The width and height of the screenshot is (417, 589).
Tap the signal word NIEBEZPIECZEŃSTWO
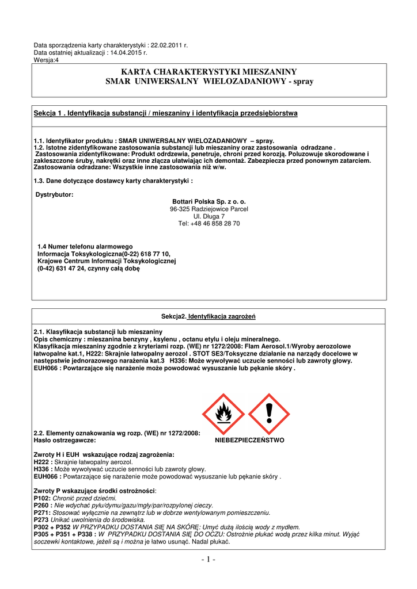click(249, 440)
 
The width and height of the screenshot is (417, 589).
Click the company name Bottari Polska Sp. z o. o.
click(209, 202)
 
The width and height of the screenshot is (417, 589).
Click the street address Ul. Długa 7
click(209, 216)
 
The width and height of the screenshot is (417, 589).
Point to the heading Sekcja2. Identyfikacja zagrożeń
click(208, 317)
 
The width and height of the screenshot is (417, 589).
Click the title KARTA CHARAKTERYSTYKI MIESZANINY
click(208, 72)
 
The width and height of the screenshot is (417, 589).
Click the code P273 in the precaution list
click(41, 519)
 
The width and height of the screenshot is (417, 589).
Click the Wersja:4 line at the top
click(46, 60)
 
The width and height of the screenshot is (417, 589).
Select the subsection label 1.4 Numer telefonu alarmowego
click(85, 246)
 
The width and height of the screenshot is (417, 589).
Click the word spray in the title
click(301, 82)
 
